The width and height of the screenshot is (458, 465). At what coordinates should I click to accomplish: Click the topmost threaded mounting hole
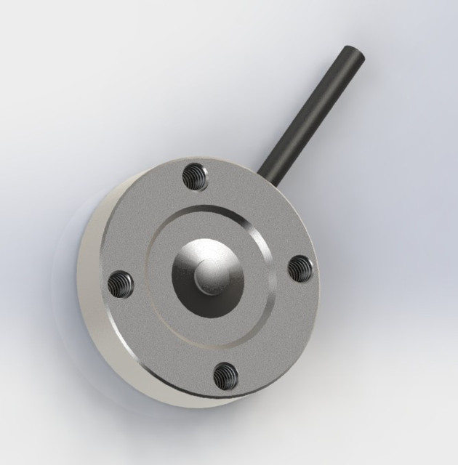point(195,176)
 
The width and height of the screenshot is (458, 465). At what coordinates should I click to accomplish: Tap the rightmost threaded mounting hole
point(300,269)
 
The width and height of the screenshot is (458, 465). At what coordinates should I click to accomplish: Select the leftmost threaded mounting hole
point(120,283)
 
